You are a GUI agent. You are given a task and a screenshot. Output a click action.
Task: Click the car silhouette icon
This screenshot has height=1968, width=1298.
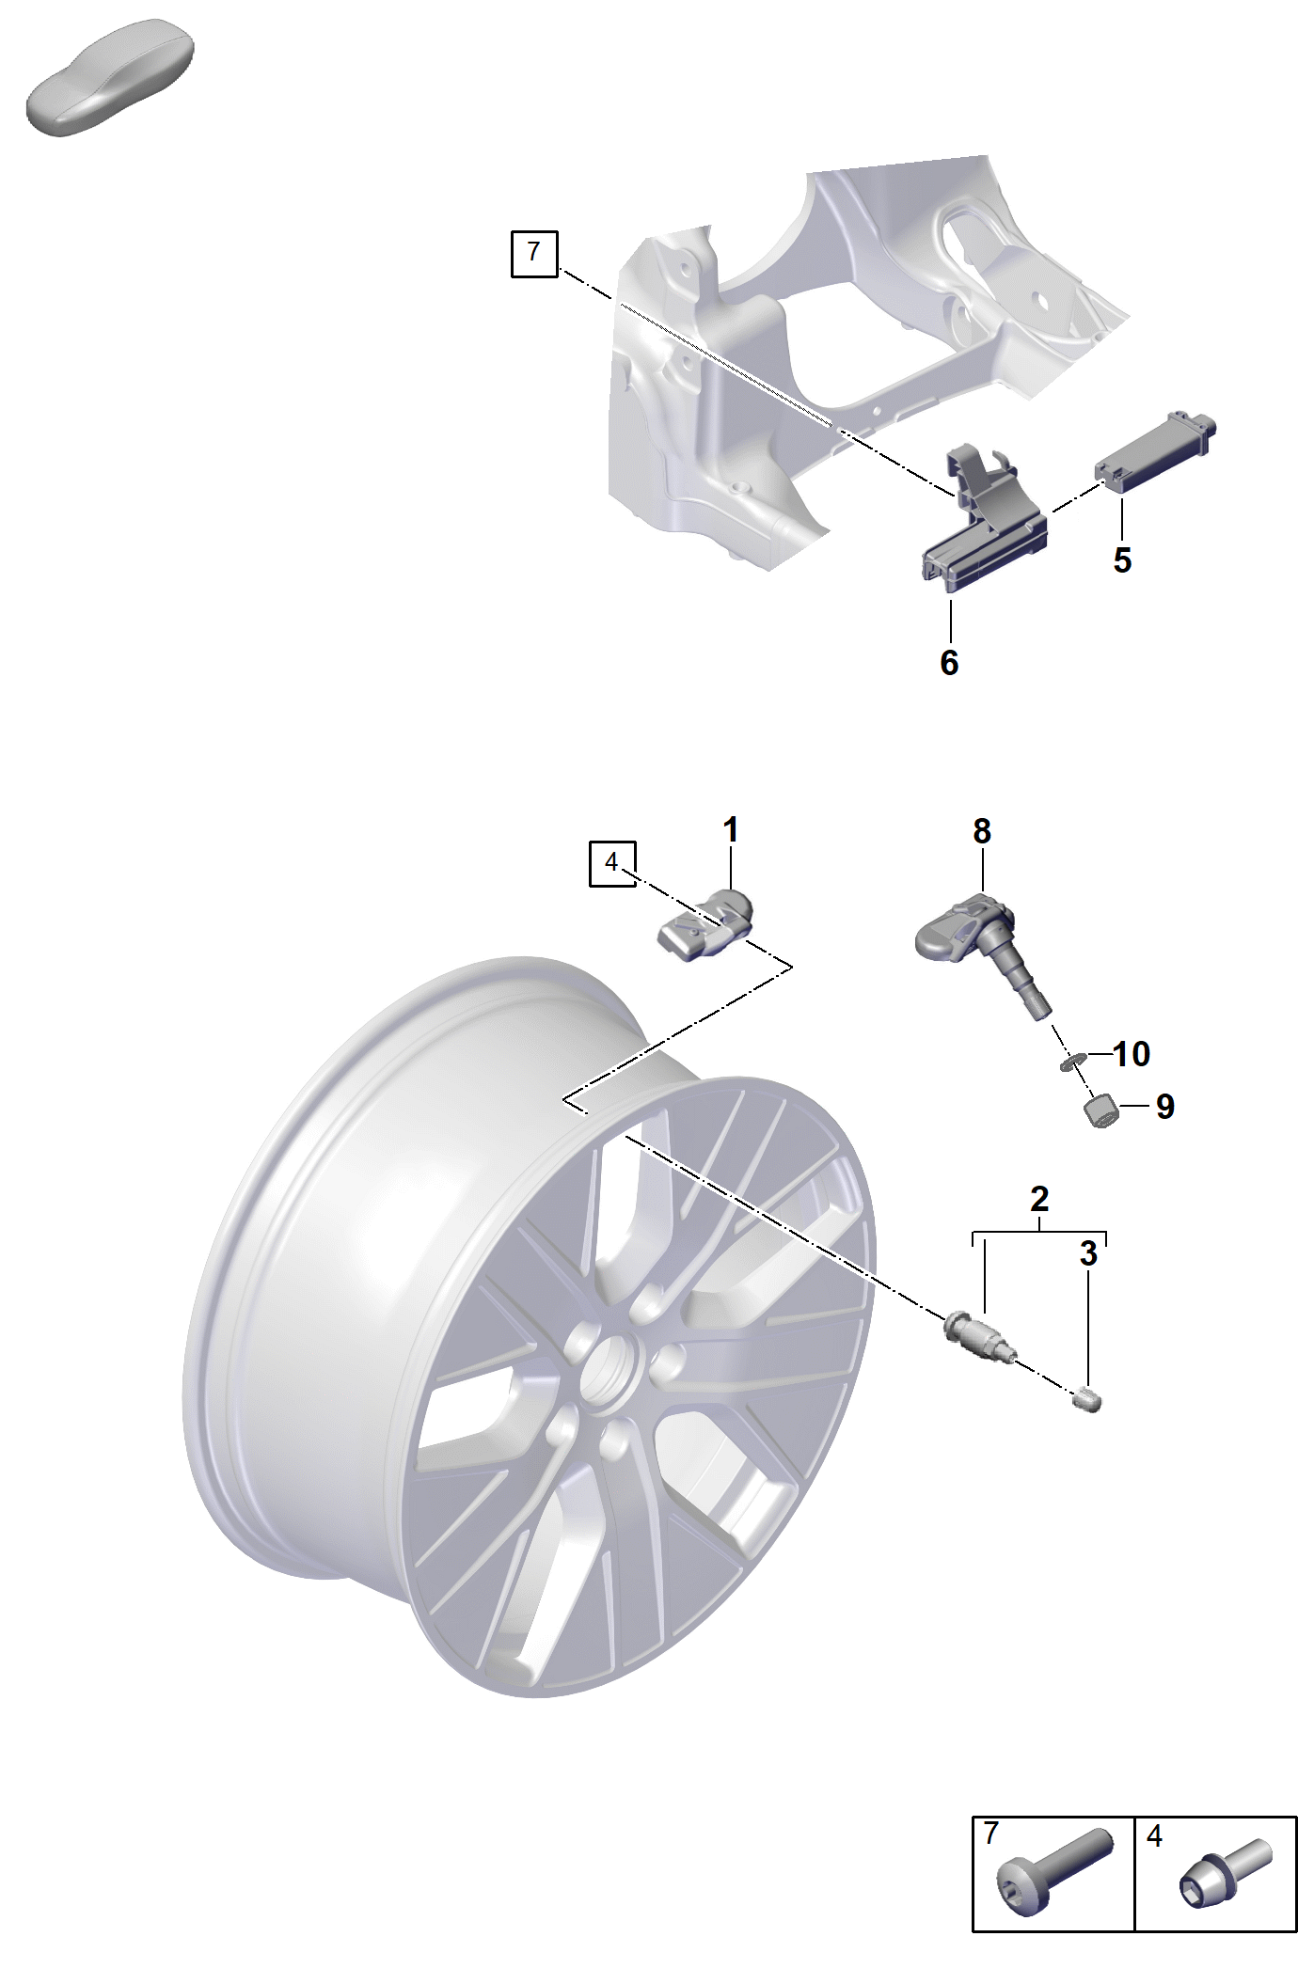(x=110, y=77)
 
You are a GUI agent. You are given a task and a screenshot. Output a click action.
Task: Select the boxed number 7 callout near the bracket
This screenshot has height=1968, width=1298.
(x=534, y=253)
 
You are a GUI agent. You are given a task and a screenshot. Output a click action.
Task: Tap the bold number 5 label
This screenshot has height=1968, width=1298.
(x=1122, y=560)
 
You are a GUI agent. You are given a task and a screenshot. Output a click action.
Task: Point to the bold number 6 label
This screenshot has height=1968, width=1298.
(x=949, y=663)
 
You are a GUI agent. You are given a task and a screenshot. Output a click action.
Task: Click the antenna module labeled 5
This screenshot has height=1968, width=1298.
(x=1154, y=452)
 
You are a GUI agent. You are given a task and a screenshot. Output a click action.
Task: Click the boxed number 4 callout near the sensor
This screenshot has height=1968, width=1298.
(x=612, y=863)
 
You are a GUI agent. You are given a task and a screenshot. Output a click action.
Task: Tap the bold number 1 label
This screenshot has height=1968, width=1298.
(x=731, y=830)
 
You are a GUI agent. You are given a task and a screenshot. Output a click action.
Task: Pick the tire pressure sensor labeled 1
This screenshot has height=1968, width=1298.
(x=705, y=926)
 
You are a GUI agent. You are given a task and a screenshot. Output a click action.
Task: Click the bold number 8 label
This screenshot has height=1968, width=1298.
(x=982, y=831)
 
